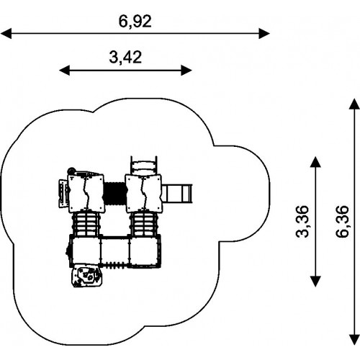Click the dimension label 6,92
pos(135,22)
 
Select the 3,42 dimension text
pos(125,58)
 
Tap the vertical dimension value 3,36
pos(302,221)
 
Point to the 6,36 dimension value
pos(342,221)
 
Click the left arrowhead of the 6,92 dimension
pos(6,33)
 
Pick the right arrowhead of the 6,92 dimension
pos(264,33)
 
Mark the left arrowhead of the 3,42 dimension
pos(64,71)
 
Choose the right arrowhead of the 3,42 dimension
pos(186,71)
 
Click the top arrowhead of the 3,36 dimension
pos(315,162)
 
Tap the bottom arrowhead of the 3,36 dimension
pos(315,282)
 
